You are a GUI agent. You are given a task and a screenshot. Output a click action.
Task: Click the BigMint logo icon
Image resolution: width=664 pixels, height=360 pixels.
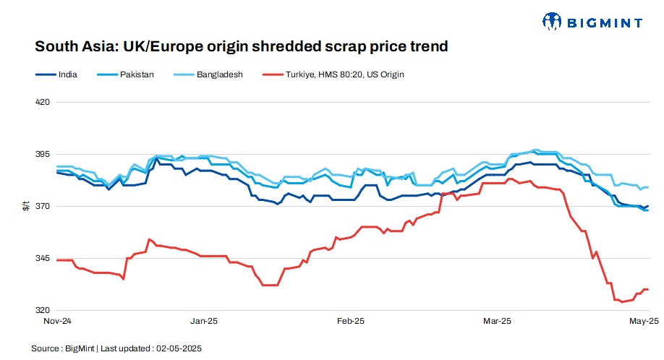point(552,22)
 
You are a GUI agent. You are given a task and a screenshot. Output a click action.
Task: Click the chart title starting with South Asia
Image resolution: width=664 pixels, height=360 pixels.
point(242,47)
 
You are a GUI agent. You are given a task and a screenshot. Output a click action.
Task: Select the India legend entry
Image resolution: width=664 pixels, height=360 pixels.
point(67,74)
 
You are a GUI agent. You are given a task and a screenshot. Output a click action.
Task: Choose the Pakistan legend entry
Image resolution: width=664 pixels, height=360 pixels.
point(137,74)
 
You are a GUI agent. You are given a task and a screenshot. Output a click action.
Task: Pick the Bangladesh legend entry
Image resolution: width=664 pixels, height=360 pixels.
point(219,74)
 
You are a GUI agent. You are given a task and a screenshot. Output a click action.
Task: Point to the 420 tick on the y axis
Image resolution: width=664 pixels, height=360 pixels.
point(43,102)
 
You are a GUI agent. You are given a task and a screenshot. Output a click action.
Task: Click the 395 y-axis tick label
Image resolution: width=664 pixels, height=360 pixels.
point(43,155)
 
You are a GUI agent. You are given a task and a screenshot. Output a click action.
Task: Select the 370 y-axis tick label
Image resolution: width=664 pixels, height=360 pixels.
point(43,207)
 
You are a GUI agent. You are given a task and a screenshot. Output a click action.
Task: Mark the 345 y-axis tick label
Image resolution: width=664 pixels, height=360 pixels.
point(43,259)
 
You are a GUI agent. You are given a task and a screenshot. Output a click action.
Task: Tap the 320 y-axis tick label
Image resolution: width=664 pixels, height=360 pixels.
point(43,311)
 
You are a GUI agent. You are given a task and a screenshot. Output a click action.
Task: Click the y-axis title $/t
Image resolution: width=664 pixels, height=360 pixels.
point(26,207)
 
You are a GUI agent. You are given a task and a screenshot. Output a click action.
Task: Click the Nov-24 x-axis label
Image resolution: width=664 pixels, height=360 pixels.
point(57,320)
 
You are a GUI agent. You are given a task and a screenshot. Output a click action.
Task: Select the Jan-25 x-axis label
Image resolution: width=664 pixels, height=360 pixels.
point(203,320)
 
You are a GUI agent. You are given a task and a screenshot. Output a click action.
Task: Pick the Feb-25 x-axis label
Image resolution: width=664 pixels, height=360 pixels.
point(351,320)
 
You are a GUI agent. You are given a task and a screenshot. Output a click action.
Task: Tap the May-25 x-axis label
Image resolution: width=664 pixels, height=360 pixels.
point(644,320)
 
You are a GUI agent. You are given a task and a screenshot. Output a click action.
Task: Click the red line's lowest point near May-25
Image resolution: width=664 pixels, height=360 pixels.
point(622,301)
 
